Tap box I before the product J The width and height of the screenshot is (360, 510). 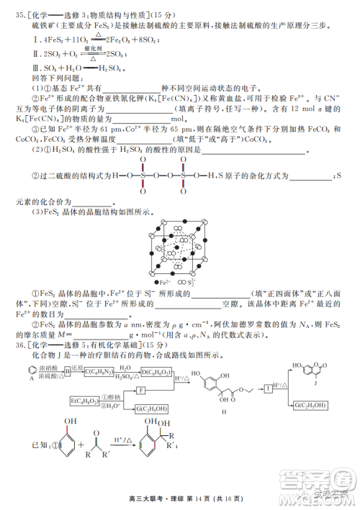coord(267,388)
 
